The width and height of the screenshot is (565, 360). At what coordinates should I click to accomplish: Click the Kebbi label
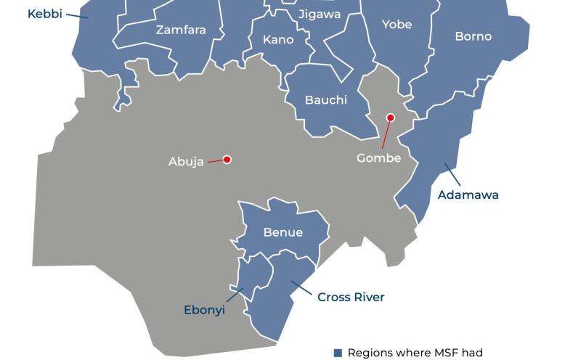[44, 14]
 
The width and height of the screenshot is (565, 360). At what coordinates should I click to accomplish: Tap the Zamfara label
[181, 30]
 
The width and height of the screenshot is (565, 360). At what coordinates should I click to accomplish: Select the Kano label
[278, 40]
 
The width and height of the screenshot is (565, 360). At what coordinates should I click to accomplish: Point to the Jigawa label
[319, 15]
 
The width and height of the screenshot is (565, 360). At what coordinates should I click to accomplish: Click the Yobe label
[397, 25]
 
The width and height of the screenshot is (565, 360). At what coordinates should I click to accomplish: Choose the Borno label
[473, 36]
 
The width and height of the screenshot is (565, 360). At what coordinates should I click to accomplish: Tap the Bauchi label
[326, 100]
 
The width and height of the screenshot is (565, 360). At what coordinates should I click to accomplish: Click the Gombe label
[378, 158]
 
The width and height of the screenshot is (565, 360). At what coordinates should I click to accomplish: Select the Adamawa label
[468, 195]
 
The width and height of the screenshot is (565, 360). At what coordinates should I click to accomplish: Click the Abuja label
[186, 162]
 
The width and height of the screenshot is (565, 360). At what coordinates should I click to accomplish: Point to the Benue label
[283, 233]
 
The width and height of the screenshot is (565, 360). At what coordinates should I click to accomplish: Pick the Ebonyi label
[204, 310]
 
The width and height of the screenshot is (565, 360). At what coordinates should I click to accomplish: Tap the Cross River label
[351, 297]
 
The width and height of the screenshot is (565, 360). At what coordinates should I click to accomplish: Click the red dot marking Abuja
[227, 160]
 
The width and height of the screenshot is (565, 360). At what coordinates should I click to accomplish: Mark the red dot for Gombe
[390, 118]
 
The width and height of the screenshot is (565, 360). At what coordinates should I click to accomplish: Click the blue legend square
[337, 353]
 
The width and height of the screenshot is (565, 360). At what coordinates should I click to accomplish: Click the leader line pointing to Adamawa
[452, 174]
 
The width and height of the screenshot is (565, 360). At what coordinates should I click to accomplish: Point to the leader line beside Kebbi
[77, 15]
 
